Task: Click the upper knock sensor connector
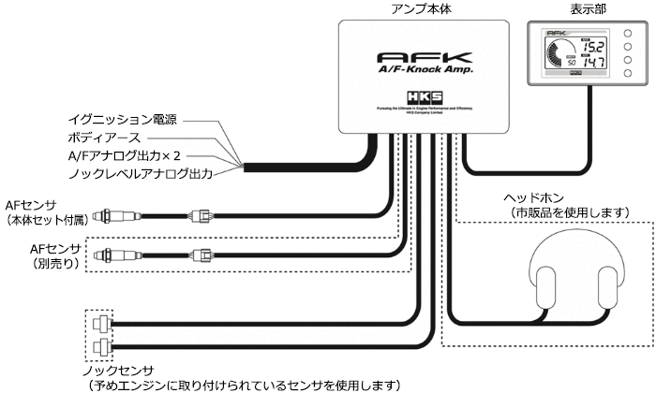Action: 99,324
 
